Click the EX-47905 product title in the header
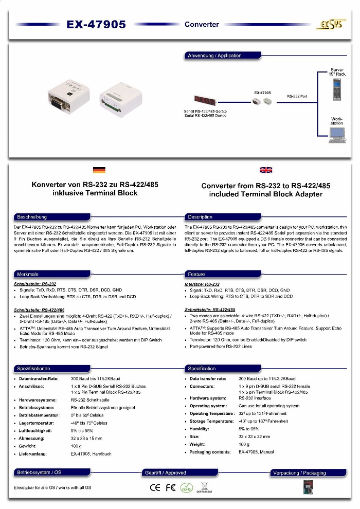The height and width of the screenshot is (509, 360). pos(96,25)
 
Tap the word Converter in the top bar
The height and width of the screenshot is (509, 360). pos(202,25)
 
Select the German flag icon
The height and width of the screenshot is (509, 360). pos(99,170)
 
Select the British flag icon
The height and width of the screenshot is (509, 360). pos(266,170)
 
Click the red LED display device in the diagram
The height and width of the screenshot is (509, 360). pos(205,100)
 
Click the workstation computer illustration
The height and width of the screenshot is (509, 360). pos(337,135)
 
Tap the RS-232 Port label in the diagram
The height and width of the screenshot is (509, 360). pos(297,96)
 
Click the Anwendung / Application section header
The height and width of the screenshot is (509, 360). pos(214,56)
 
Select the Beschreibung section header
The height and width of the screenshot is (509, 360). pos(32,217)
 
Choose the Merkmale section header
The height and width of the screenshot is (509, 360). pos(28,274)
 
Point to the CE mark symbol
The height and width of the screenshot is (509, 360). pos(155,487)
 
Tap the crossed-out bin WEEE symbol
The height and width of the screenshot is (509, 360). pos(204,485)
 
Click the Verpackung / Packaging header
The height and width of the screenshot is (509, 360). pos(299,472)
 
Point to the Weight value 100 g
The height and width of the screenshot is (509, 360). pos(244,444)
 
